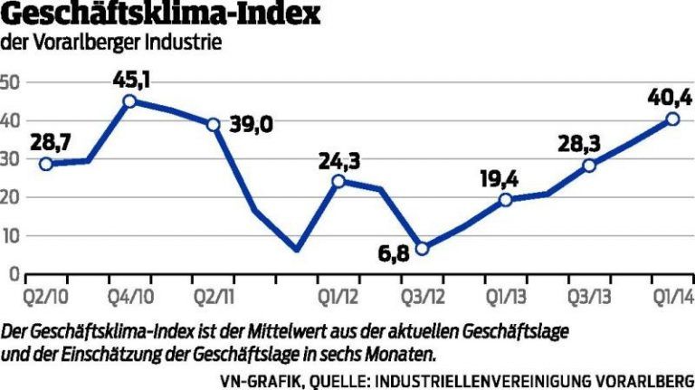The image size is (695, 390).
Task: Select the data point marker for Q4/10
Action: (129, 101)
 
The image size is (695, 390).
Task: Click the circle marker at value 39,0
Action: (214, 125)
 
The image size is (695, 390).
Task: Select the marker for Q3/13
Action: (589, 166)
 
